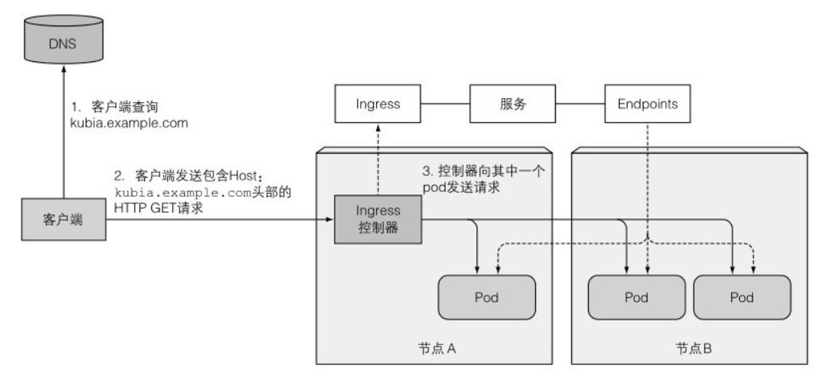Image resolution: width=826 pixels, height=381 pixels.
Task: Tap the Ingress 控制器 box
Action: pyautogui.click(x=377, y=220)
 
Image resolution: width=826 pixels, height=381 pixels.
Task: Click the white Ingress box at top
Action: pyautogui.click(x=377, y=104)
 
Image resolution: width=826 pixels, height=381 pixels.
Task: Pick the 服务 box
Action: pyautogui.click(x=511, y=104)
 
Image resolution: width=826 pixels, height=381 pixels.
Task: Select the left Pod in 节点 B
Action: pyautogui.click(x=636, y=297)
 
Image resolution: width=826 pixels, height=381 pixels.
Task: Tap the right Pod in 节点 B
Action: pyautogui.click(x=742, y=297)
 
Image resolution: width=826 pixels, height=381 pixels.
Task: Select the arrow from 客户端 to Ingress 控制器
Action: pyautogui.click(x=215, y=221)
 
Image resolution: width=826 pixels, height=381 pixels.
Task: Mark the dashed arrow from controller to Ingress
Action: pyautogui.click(x=377, y=159)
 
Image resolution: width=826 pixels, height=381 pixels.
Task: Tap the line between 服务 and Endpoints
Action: pyautogui.click(x=578, y=104)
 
